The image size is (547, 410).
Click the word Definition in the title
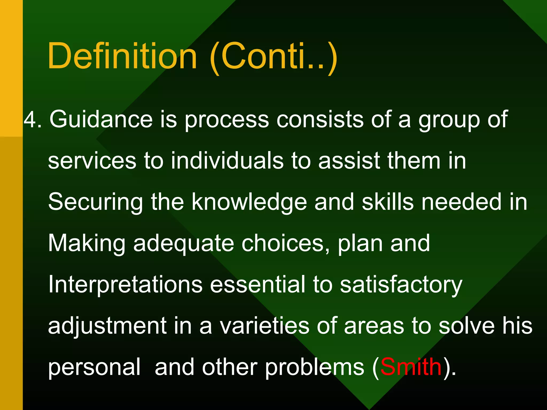tap(122, 56)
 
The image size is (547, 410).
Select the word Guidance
tap(101, 119)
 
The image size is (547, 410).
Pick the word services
tap(92, 161)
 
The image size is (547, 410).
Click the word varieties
tap(264, 326)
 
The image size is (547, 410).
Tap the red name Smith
tap(411, 367)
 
